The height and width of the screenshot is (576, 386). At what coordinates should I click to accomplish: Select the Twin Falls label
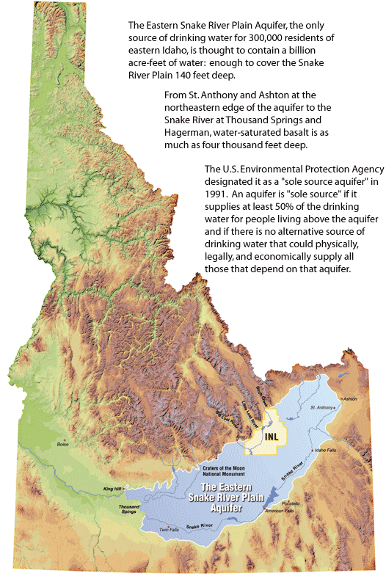(169, 530)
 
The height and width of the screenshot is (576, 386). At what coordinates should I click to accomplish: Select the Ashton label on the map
(350, 398)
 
